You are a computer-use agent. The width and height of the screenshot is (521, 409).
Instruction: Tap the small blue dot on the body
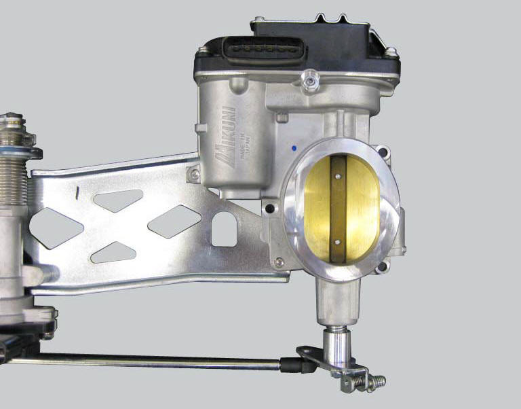coord(291,146)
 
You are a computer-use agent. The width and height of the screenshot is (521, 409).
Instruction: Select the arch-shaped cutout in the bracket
coord(224,230)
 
